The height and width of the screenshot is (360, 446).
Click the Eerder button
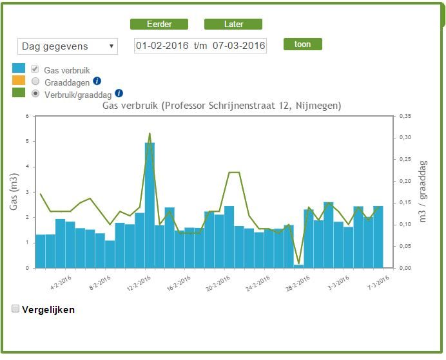click(159, 24)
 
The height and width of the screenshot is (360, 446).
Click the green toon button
click(303, 44)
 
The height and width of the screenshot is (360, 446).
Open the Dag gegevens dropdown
click(68, 46)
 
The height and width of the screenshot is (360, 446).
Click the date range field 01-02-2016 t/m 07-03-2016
click(200, 46)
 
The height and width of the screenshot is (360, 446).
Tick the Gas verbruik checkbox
click(35, 69)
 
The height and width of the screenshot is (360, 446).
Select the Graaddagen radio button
click(35, 81)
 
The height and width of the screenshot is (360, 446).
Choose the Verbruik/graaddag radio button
click(35, 93)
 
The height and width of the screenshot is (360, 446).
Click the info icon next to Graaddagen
click(97, 81)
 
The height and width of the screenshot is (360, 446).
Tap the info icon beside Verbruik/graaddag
click(119, 93)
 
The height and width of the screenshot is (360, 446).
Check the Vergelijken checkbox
click(15, 308)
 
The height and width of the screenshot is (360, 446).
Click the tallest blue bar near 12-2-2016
click(150, 205)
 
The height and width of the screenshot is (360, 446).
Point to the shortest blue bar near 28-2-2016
click(298, 266)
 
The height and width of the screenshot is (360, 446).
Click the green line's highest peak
click(150, 133)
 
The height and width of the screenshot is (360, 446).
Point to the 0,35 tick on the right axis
click(405, 116)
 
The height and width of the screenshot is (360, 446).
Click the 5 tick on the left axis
click(27, 141)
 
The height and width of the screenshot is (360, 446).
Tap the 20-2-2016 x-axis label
click(218, 283)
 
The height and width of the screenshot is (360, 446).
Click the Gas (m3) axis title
click(14, 191)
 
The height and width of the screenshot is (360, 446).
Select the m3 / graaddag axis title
click(423, 191)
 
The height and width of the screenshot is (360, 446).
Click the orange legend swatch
click(19, 81)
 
